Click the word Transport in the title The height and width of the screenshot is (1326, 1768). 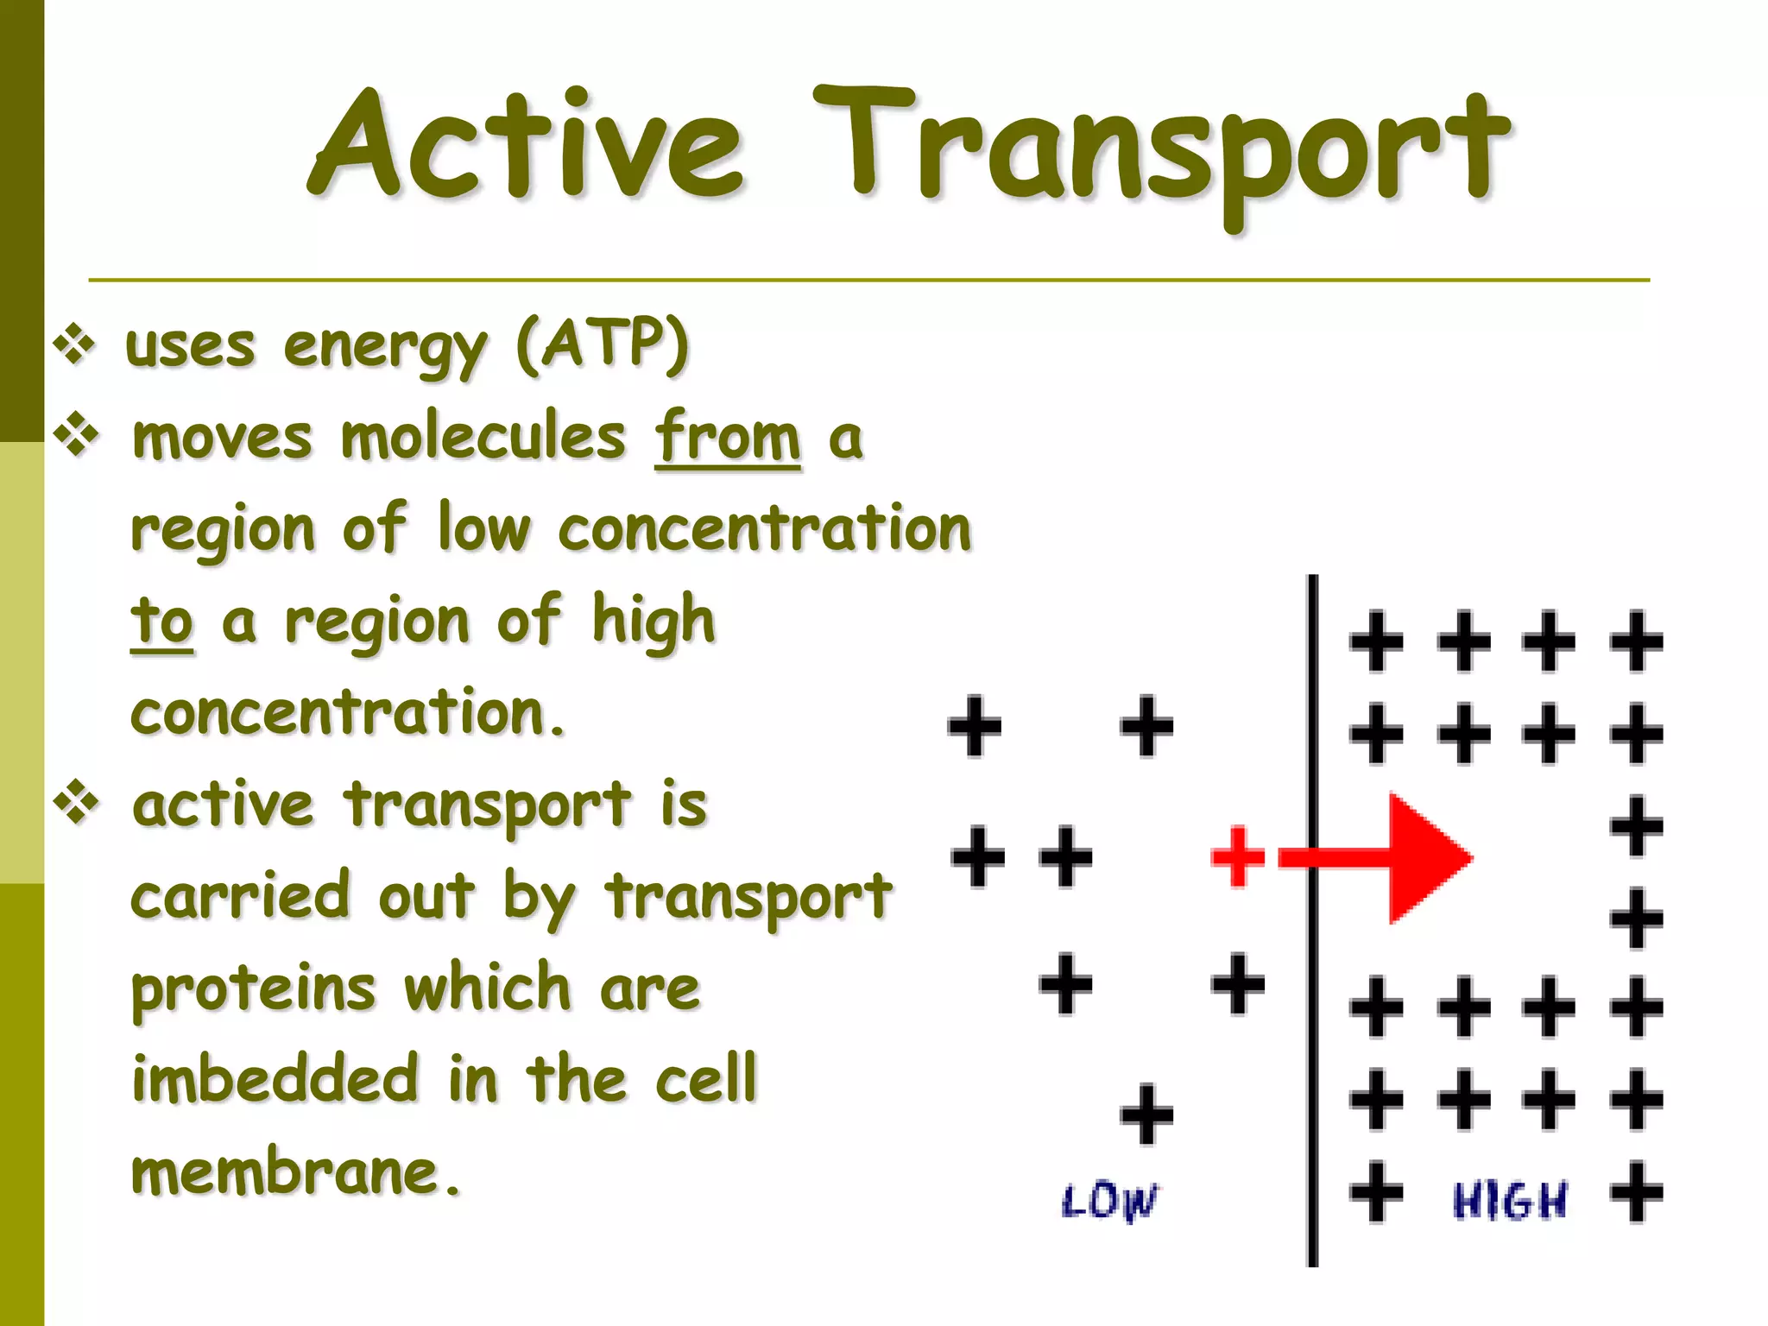(1161, 151)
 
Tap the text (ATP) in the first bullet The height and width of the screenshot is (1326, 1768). (602, 344)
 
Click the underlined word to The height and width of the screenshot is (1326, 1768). (161, 622)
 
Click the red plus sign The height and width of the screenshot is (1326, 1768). (1238, 856)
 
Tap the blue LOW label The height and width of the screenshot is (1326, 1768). (1109, 1201)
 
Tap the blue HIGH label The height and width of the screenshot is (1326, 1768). (1509, 1201)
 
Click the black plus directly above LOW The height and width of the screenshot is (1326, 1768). (1146, 1114)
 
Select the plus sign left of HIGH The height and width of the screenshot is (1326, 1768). (1376, 1192)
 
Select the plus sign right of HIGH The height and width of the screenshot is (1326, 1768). (1636, 1192)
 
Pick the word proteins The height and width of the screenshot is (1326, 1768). (253, 989)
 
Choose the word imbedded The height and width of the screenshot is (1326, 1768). (275, 1079)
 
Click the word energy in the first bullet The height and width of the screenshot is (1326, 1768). (385, 348)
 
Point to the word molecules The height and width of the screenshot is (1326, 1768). (483, 437)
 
